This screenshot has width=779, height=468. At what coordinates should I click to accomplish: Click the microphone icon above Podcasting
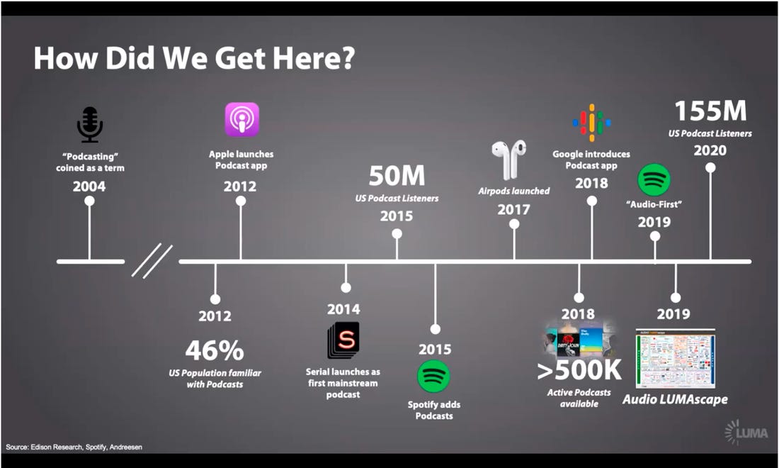click(90, 125)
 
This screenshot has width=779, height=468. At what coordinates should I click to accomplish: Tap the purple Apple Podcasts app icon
click(241, 119)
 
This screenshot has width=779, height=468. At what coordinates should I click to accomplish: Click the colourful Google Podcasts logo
click(591, 123)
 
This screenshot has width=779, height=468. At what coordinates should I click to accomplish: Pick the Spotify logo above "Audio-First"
click(654, 179)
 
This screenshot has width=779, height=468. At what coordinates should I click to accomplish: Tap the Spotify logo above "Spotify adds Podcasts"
click(434, 377)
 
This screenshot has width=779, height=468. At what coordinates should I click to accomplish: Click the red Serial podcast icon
click(343, 340)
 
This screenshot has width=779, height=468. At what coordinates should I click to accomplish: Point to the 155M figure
click(710, 111)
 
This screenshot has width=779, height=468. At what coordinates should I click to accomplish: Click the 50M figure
click(397, 177)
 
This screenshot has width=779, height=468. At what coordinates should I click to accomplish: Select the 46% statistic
click(215, 350)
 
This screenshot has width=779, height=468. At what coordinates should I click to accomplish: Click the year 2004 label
click(89, 186)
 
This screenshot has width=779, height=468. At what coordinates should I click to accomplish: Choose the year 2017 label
click(513, 209)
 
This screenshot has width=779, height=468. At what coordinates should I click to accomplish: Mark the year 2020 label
click(710, 150)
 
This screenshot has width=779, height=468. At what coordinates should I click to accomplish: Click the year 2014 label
click(343, 309)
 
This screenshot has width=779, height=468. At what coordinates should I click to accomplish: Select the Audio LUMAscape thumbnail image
click(675, 358)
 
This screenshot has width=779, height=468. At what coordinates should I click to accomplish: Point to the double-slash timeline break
click(152, 261)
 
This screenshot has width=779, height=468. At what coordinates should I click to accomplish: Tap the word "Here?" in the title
click(315, 58)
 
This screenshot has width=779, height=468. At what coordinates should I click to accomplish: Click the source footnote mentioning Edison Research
click(75, 447)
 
